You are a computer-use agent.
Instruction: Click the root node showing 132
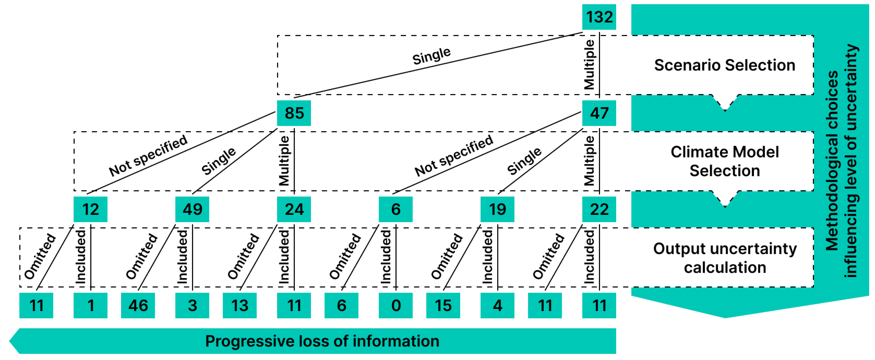pos(599,17)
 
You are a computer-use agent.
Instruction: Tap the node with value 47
pos(599,113)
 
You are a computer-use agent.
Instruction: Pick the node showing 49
pos(192,209)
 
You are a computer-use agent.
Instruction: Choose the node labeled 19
pos(497,209)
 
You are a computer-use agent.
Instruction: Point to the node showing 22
pos(599,209)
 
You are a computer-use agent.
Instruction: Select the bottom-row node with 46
pos(138,305)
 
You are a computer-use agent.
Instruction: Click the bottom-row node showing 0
pos(396,305)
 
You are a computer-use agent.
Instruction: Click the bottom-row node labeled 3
pos(192,305)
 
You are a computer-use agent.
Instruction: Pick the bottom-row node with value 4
pos(497,305)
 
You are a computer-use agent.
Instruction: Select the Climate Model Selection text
pos(725,161)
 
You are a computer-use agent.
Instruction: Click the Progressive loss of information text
pos(322,341)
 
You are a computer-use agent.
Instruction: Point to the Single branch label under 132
pos(431,56)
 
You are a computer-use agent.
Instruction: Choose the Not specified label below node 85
pos(148,156)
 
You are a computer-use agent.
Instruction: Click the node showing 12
pos(90,209)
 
